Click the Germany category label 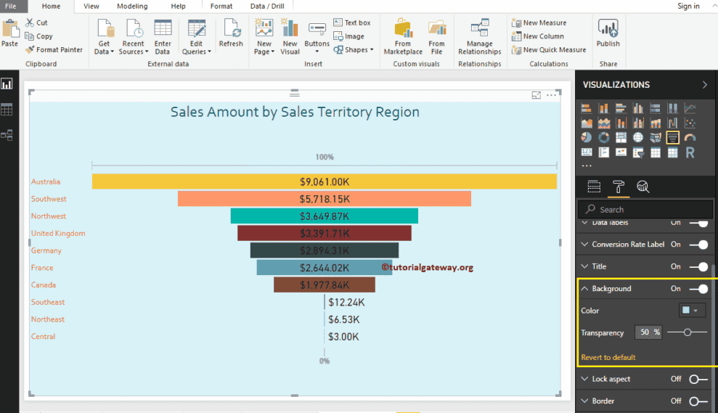click(46, 250)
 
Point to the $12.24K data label click(346, 302)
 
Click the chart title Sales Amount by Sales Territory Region click(295, 112)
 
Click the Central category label click(43, 337)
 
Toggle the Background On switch click(698, 289)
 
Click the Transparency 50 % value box click(648, 332)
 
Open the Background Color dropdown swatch click(692, 311)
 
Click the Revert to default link click(608, 357)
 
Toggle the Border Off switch click(698, 401)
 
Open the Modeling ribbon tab click(132, 6)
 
